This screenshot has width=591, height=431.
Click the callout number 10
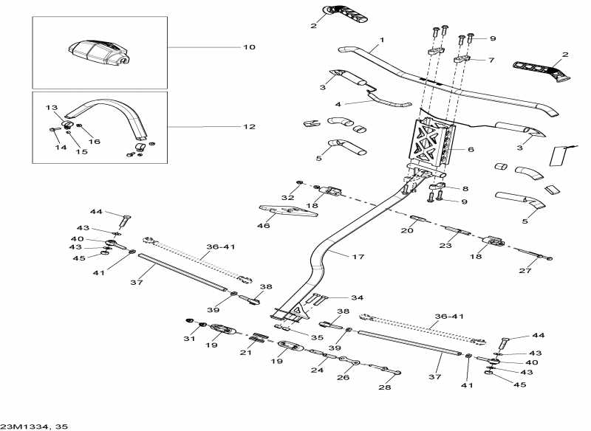[249, 47]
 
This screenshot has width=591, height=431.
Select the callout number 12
[249, 127]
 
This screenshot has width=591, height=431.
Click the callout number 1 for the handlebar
[382, 39]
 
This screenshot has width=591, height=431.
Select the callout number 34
[357, 298]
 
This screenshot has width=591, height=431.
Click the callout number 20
[406, 231]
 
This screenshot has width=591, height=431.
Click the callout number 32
[287, 198]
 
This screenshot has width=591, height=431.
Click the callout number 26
[344, 377]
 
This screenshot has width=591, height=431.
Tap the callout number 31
[188, 339]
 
